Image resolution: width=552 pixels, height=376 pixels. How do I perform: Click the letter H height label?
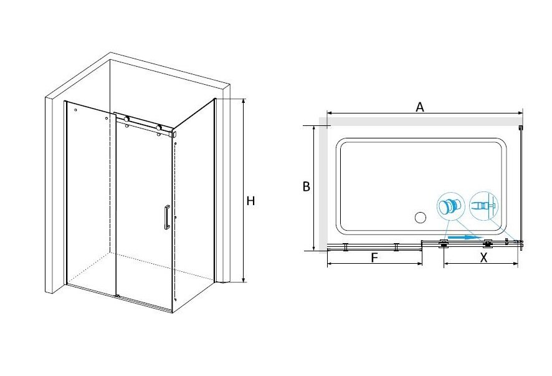(250, 201)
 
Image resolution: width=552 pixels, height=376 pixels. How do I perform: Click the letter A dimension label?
(420, 107)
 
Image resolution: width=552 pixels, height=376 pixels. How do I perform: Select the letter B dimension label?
(307, 186)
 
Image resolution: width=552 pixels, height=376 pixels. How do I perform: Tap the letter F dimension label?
(374, 258)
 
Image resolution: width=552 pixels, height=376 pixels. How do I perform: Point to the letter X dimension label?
(483, 258)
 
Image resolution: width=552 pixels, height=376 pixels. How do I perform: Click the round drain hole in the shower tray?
(421, 218)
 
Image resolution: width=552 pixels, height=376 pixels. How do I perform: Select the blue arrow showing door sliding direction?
(464, 238)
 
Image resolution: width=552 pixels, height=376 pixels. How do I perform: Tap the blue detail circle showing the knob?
(451, 206)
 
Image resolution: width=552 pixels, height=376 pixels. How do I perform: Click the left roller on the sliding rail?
(126, 120)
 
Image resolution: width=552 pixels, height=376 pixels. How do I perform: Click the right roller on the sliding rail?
(159, 128)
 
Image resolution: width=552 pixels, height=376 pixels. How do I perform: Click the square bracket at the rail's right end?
(173, 134)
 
